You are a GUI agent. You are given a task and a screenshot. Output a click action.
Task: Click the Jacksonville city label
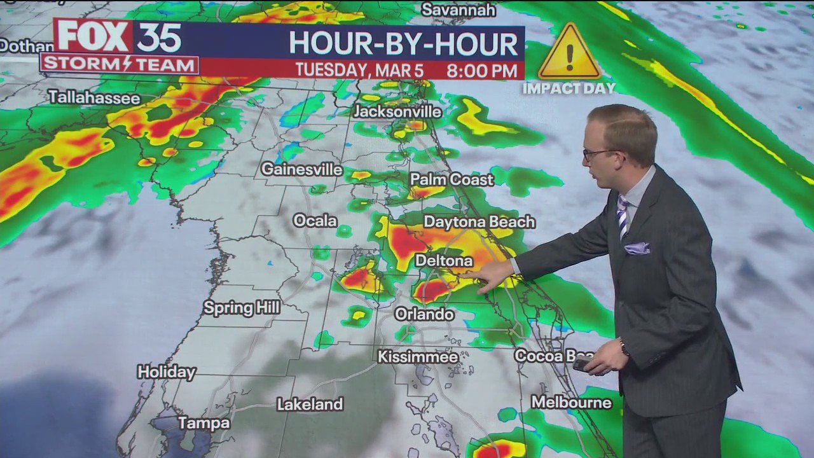click(397, 111)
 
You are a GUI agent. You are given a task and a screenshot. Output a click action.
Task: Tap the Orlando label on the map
click(424, 314)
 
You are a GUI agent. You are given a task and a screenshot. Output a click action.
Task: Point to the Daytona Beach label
click(479, 222)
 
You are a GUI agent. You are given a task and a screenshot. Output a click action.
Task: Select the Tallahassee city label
click(93, 97)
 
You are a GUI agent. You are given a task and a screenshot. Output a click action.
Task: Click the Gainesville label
click(301, 170)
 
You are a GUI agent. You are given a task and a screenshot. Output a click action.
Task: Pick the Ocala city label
click(315, 221)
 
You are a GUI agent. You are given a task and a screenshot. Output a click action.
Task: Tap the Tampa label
click(203, 423)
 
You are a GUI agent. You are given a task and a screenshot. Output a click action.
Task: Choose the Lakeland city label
click(310, 404)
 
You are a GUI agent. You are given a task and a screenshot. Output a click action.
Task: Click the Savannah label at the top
click(458, 10)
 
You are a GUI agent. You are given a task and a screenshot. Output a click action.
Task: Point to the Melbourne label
click(571, 403)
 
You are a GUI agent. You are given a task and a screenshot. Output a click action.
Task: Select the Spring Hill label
click(242, 308)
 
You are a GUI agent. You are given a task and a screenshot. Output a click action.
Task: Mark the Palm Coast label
click(452, 180)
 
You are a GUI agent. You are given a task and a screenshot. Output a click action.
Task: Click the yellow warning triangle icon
click(569, 53)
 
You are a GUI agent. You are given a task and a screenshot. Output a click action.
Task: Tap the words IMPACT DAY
click(569, 88)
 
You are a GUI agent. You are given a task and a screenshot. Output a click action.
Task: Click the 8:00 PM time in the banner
click(481, 70)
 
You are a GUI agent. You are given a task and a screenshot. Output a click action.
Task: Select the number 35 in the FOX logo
click(159, 37)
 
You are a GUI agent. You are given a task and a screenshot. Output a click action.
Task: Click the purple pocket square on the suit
click(637, 248)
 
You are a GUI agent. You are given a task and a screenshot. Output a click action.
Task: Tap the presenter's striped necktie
click(623, 216)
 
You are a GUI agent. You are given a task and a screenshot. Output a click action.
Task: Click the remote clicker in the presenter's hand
click(582, 364)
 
